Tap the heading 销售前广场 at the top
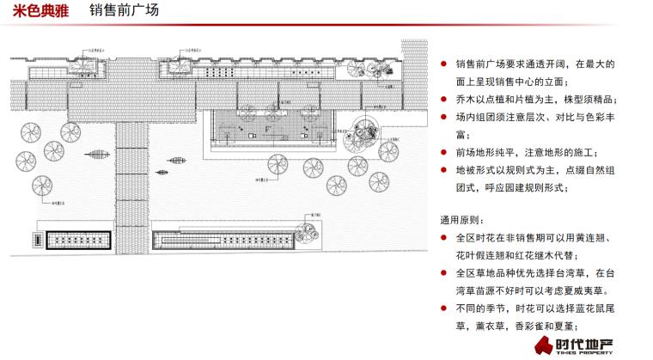124,12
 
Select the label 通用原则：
464,220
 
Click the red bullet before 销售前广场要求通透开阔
443,64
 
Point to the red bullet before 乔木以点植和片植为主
443,100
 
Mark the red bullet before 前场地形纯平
443,153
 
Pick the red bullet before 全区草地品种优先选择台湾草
443,273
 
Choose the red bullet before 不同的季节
443,308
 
